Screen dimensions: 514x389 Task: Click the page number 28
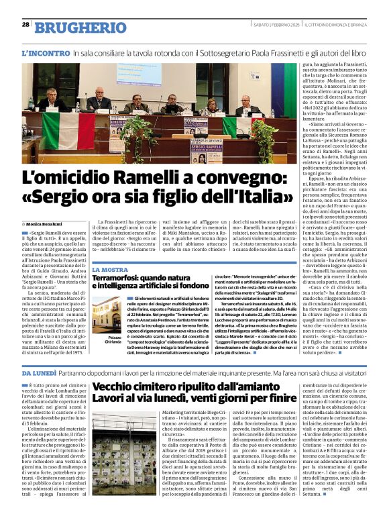[25, 25]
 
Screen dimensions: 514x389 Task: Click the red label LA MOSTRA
[109, 269]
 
